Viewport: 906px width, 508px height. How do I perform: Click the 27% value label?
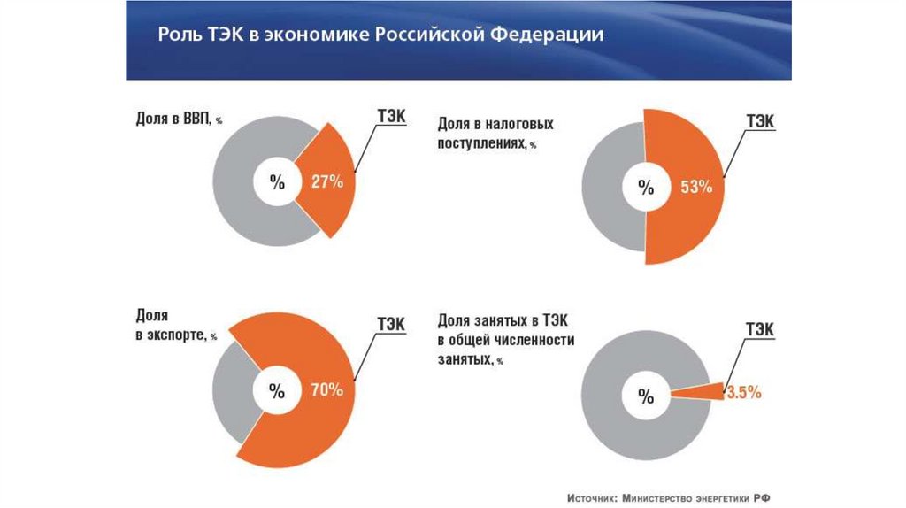coord(327,182)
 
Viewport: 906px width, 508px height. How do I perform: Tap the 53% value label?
coord(696,187)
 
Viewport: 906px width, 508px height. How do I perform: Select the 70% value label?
coord(326,390)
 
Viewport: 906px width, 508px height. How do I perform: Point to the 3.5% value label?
coord(743,393)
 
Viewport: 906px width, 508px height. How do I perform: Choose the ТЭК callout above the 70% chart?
coord(390,325)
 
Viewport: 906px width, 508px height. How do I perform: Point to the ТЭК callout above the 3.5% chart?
coord(758,330)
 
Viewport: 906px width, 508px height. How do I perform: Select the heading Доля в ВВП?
coord(173,119)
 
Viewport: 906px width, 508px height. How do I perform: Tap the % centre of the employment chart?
coord(646,395)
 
